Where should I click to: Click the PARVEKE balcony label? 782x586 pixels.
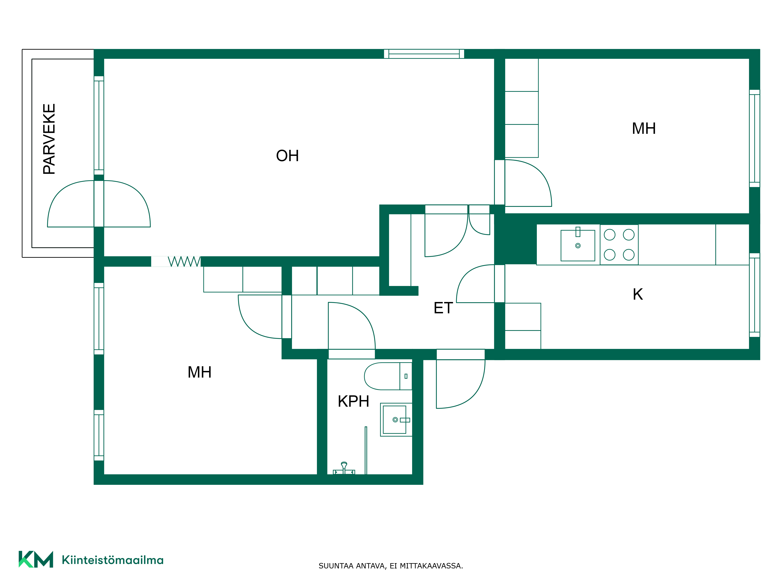pos(49,139)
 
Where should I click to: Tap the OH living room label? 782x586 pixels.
pos(287,156)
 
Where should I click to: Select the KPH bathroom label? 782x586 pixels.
pos(353,401)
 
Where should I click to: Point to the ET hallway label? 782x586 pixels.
pos(443,308)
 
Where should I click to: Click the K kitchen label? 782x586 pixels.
pos(638,294)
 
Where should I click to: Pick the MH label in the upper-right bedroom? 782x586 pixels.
pos(644,129)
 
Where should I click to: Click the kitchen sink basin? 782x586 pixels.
pos(578,246)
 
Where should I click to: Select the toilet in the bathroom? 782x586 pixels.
pos(388,376)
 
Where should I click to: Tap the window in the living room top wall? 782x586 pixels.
pos(424,54)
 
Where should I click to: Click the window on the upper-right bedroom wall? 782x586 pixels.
pos(754,138)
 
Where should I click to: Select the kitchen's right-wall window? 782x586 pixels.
pos(754,295)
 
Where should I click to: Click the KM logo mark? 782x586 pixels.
pos(36,559)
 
